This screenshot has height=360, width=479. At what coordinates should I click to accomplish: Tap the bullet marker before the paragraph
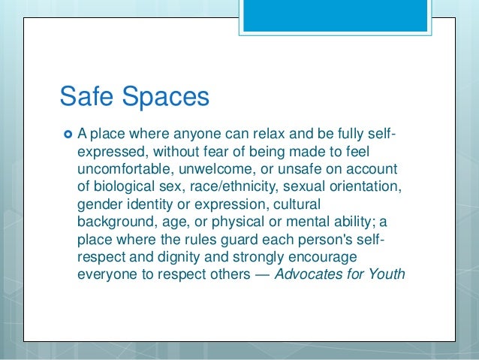coord(66,135)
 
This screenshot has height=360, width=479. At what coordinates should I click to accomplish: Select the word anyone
coord(205,135)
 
